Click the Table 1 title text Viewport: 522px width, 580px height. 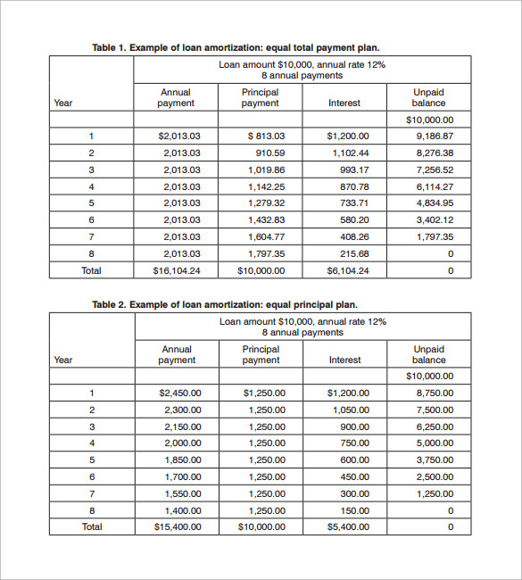242,47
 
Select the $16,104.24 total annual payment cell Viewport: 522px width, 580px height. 177,270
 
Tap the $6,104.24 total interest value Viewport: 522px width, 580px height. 347,270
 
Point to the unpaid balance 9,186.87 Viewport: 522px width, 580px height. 435,137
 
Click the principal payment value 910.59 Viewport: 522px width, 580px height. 267,153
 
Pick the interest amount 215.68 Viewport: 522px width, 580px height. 353,253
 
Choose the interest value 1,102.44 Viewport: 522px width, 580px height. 350,153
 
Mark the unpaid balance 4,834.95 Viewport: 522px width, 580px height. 435,203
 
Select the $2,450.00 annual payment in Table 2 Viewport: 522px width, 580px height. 180,393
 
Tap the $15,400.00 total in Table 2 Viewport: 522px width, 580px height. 177,526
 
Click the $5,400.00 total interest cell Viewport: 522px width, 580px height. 347,526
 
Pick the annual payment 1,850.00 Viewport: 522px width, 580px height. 183,460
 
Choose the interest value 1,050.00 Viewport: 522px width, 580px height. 350,410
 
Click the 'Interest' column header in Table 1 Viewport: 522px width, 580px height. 344,103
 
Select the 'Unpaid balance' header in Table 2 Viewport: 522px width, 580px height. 429,354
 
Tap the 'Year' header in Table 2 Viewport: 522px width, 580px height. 63,360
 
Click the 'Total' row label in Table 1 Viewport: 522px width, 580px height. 91,270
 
